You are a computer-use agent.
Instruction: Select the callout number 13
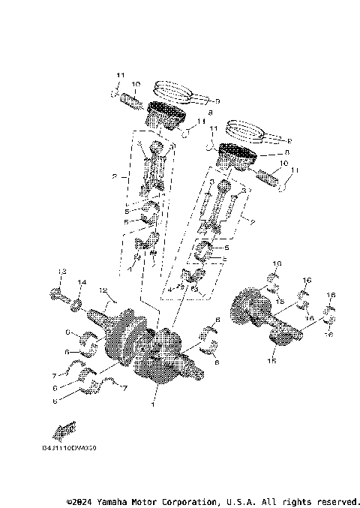pos(63,271)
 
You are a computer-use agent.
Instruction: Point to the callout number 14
pos(82,283)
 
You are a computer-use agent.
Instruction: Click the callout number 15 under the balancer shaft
pos(271,361)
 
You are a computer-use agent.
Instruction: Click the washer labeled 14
pos(76,303)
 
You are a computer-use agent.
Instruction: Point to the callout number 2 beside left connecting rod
pos(114,178)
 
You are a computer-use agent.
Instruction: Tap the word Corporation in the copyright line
pos(189,500)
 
